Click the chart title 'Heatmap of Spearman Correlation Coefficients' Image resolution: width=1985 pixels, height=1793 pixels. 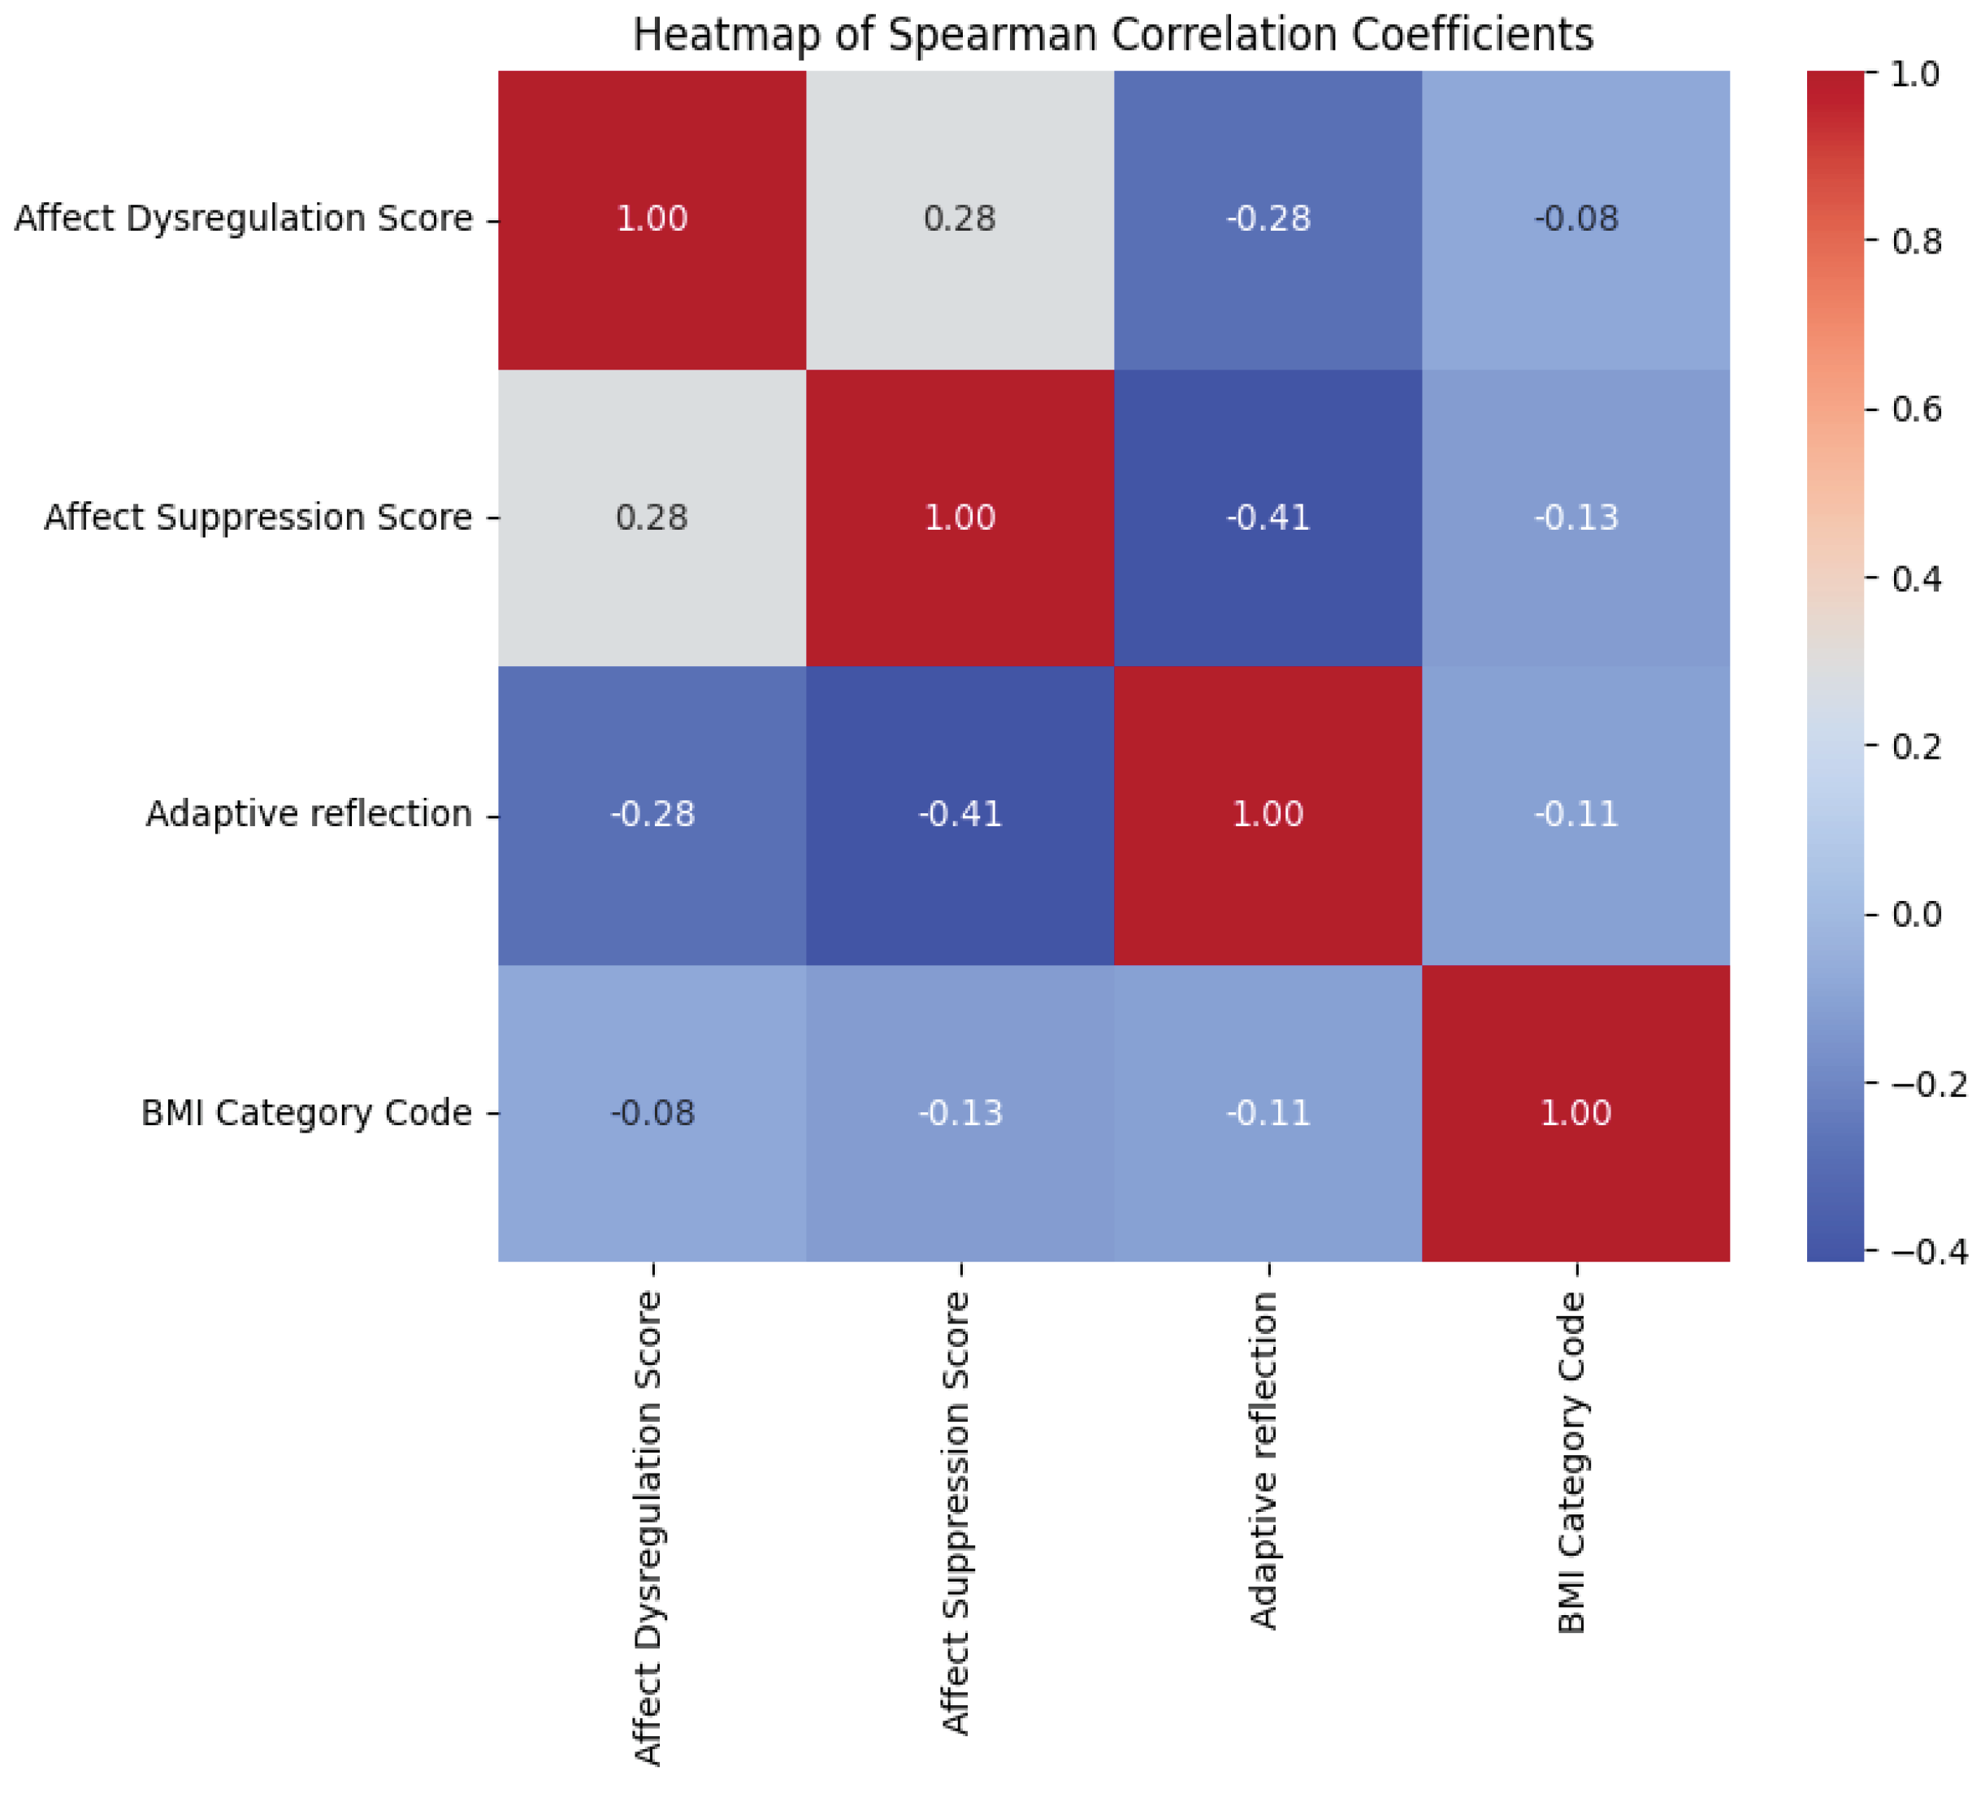[x=1112, y=36]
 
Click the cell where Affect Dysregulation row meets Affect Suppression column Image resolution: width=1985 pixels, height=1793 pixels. [x=960, y=219]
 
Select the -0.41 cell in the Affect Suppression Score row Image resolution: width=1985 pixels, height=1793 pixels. [x=1268, y=518]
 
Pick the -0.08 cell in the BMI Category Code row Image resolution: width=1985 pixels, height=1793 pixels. [x=652, y=1114]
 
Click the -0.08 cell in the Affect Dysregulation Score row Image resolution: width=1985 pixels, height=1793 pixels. [x=1575, y=219]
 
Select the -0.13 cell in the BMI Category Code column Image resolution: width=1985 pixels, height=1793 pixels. [x=1575, y=518]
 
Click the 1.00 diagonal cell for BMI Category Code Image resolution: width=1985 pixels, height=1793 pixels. [x=1575, y=1114]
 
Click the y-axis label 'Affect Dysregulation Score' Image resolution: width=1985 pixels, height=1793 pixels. [x=243, y=219]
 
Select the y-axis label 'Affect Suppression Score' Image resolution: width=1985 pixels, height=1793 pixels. [x=258, y=518]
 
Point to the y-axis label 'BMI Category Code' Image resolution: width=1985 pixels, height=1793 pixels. [x=306, y=1114]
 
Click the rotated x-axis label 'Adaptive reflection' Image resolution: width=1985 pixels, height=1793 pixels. [x=1264, y=1462]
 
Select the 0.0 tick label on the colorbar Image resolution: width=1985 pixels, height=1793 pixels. [x=1915, y=916]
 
